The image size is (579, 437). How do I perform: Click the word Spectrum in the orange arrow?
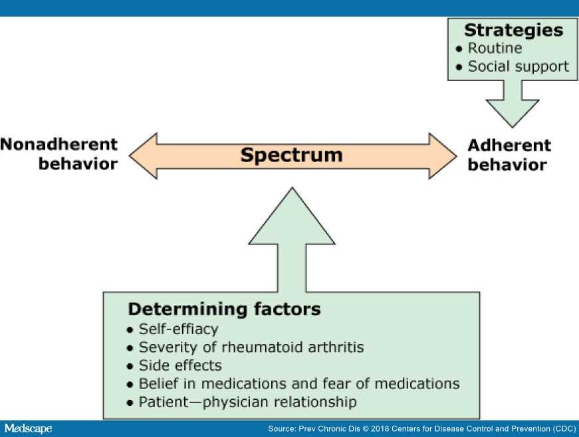291,155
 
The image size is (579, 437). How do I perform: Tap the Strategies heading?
514,31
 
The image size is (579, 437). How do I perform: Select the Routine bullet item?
489,48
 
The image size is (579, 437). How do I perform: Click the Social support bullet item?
513,66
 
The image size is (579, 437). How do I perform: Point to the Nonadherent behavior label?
59,154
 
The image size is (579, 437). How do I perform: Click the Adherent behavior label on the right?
509,155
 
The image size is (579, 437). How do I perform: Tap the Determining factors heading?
224,309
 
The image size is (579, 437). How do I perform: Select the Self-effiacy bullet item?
172,329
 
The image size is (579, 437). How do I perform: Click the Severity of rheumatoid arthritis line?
245,347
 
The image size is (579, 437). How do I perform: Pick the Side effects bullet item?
174,365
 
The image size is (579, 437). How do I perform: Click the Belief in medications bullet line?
293,383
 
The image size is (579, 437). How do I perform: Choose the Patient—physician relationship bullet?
242,402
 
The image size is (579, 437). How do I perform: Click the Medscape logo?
28,428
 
